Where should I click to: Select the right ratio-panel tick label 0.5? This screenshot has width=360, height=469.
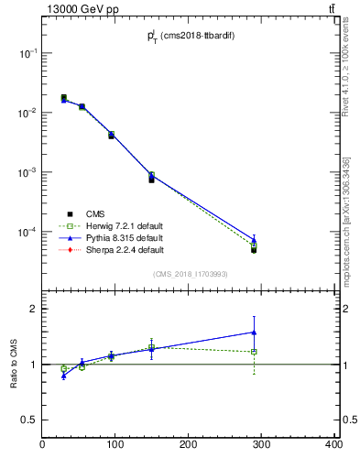pos(348,420)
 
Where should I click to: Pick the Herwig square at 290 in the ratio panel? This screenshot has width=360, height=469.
pos(254,352)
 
